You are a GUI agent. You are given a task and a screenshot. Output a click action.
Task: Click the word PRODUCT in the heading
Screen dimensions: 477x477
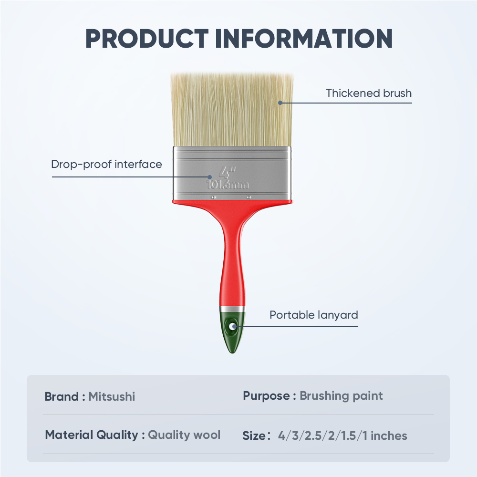click(147, 39)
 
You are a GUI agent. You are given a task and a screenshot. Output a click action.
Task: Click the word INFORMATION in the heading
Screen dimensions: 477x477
click(304, 39)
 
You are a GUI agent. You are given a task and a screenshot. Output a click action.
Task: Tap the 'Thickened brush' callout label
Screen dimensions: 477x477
click(369, 93)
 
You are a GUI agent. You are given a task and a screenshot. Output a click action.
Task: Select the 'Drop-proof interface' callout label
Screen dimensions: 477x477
click(106, 164)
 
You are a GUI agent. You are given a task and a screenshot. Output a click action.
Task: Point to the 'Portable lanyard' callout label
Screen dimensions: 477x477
click(314, 315)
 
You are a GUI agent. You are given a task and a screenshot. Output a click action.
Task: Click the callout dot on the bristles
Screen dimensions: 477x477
click(280, 103)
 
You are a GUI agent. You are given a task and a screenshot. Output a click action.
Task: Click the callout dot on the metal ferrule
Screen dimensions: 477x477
click(209, 177)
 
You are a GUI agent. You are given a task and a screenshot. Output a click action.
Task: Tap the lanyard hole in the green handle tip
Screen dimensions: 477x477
click(233, 327)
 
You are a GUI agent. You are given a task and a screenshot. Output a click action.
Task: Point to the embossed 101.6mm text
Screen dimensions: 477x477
click(228, 184)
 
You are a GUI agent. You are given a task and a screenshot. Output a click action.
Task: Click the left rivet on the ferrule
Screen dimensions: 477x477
click(214, 197)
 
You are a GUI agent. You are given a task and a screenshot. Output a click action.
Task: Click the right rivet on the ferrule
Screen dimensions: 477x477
click(249, 197)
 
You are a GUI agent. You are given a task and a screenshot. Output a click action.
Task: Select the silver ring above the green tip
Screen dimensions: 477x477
click(232, 310)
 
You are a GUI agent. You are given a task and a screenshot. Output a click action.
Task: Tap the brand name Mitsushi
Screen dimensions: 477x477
click(112, 397)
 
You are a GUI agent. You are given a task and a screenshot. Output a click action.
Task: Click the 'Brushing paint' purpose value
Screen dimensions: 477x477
click(341, 396)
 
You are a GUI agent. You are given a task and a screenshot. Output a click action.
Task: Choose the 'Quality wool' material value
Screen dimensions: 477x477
click(184, 435)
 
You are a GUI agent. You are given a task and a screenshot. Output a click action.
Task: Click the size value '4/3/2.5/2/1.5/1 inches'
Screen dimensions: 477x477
click(342, 436)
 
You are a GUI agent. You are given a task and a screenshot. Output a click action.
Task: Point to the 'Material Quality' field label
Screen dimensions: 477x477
click(92, 435)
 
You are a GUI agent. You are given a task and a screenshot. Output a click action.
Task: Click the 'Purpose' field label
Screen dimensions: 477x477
click(266, 396)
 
